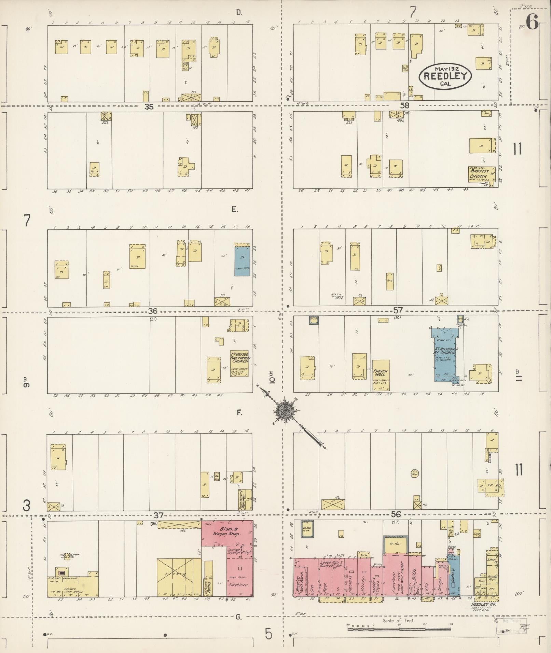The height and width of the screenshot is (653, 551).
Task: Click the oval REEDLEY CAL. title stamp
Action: (445, 76)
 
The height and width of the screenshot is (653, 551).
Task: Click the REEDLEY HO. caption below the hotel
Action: (483, 604)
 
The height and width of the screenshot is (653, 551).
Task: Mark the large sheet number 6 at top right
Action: (532, 23)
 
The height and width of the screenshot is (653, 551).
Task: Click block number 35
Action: (149, 107)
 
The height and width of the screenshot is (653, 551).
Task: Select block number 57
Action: (398, 310)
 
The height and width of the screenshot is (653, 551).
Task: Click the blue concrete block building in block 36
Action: (242, 261)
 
